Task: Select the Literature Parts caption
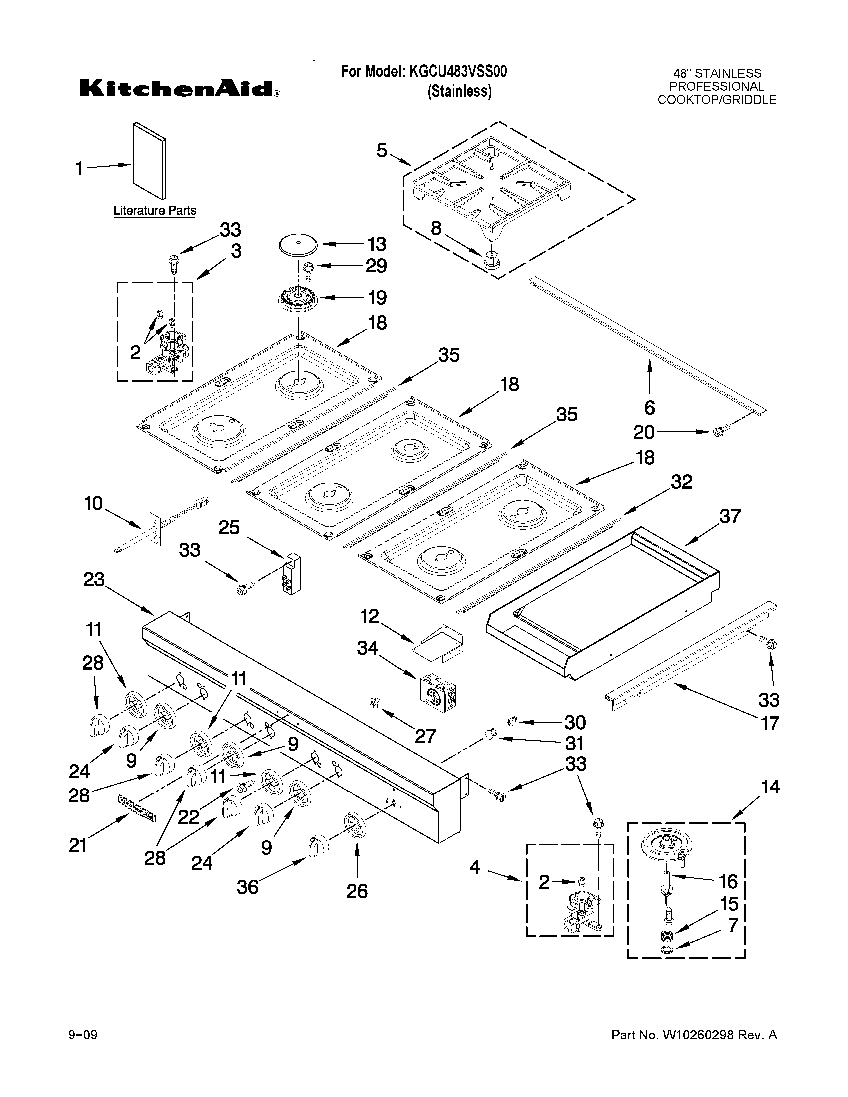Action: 155,210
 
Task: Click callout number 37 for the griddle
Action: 729,516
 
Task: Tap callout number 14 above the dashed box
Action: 770,787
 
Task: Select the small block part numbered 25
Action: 291,574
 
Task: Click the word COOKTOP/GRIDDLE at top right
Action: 717,99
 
